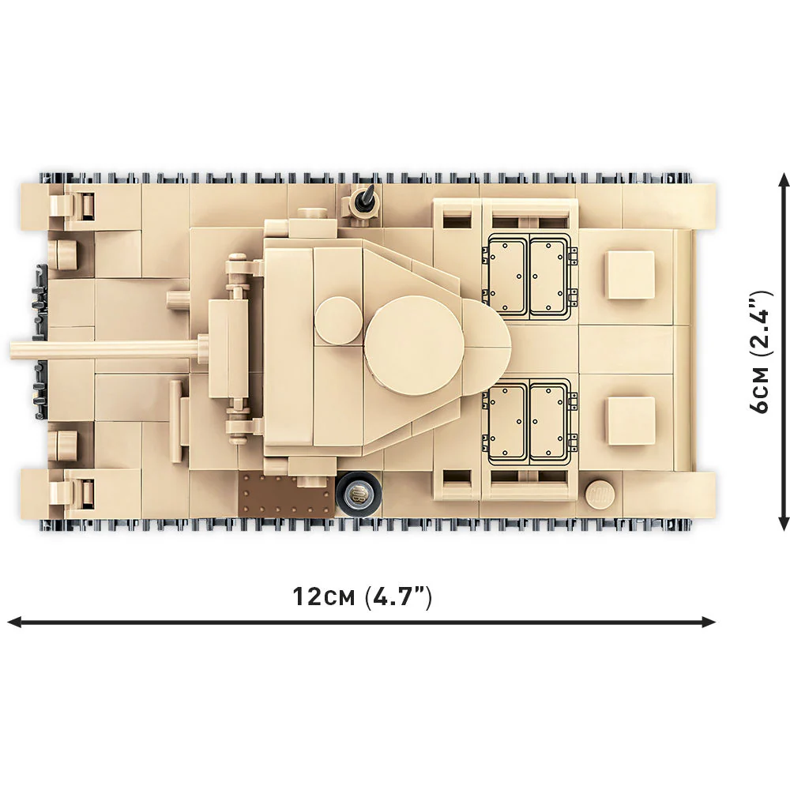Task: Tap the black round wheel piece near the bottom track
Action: pos(358,495)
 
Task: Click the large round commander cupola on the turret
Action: pos(414,346)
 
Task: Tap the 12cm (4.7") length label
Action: pos(363,597)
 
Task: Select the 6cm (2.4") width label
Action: pos(760,352)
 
